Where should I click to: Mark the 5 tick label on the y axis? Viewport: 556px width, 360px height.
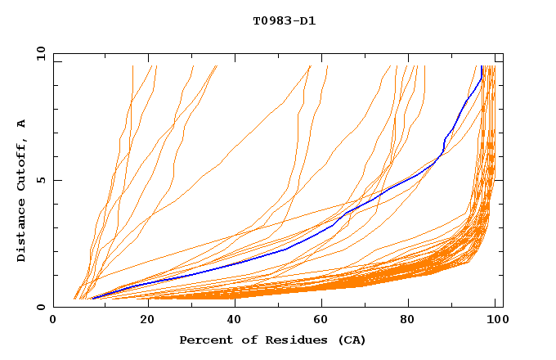pyautogui.click(x=40, y=180)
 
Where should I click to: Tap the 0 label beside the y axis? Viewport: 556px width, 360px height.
pyautogui.click(x=40, y=307)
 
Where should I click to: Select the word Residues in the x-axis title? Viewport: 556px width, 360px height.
pyautogui.click(x=282, y=340)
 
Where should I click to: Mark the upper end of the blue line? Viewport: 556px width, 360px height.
pyautogui.click(x=482, y=66)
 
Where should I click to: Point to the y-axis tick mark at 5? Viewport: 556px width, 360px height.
pyautogui.click(x=56, y=180)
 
